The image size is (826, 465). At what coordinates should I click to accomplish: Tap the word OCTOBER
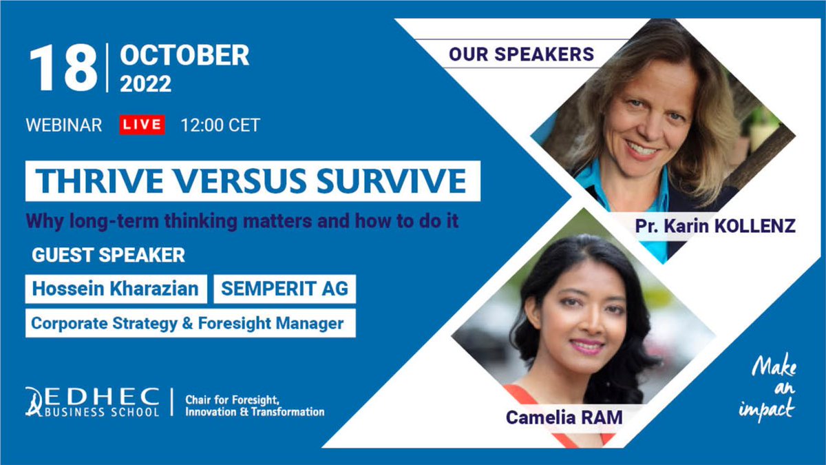tap(184, 56)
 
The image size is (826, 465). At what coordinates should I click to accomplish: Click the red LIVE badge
tap(142, 125)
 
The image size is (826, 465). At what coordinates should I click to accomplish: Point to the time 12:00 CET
tap(220, 125)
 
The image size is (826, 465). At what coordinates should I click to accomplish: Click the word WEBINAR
tap(64, 125)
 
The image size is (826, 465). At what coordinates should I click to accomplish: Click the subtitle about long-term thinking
tap(242, 222)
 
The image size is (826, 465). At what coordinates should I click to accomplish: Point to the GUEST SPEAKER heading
tap(108, 255)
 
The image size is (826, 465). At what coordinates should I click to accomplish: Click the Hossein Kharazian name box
tap(116, 289)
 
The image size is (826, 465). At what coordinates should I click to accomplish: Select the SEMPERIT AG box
tap(284, 289)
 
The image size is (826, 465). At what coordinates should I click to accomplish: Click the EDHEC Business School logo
tap(92, 401)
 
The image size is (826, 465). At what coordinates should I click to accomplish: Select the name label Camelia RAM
tap(564, 417)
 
